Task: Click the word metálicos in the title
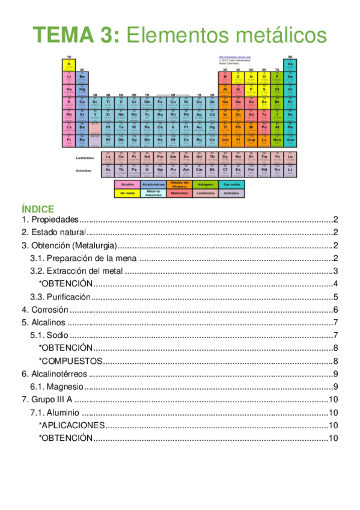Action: point(275,35)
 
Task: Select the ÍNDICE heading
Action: point(38,209)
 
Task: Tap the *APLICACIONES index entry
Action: point(72,425)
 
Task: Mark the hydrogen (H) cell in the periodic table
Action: point(69,64)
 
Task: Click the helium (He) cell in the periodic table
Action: point(290,64)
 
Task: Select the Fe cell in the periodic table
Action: point(160,102)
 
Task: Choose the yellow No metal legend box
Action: point(127,193)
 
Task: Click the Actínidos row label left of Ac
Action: point(84,170)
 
